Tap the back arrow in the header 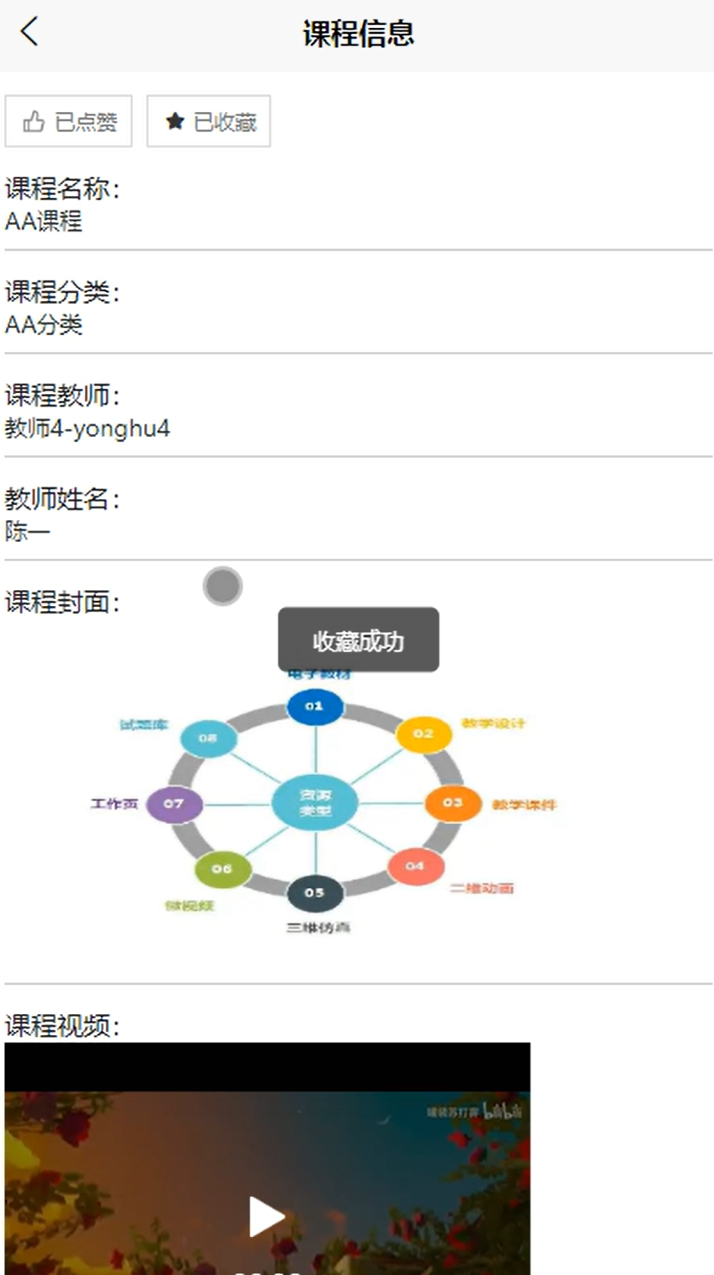[x=29, y=32]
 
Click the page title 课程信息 [x=358, y=34]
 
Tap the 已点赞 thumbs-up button [x=69, y=122]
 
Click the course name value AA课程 [x=44, y=221]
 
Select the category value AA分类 [x=44, y=325]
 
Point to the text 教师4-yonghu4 [x=88, y=428]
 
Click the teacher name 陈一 [x=28, y=532]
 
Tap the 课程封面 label [x=62, y=603]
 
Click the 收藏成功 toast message [x=358, y=640]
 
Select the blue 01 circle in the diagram [x=314, y=706]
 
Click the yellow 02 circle [x=423, y=734]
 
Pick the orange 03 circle [x=452, y=803]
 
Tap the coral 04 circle [x=414, y=866]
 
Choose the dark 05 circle [x=314, y=893]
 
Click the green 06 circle [x=221, y=869]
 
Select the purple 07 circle [x=173, y=804]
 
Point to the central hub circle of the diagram [x=314, y=803]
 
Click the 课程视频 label [x=62, y=1026]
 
